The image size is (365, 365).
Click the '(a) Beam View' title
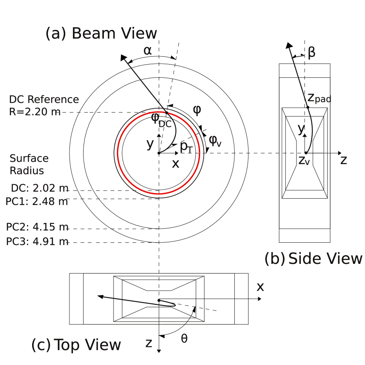[101, 34]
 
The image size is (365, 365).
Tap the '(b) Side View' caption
[313, 259]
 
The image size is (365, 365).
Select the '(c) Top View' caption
[76, 345]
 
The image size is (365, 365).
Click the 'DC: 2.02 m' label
[40, 188]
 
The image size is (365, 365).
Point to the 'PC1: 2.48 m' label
[37, 201]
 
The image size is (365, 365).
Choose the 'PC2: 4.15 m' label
[37, 227]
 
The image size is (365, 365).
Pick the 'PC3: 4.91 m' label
[37, 241]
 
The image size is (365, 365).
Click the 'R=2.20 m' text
[35, 112]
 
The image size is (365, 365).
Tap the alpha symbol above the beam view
[148, 51]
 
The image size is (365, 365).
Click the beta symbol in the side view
[311, 53]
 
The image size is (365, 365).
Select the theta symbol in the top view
[184, 338]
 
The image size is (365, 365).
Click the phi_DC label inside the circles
[161, 120]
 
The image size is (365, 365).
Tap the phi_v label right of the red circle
[215, 140]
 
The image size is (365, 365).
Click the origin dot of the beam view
[159, 153]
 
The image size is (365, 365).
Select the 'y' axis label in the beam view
[150, 143]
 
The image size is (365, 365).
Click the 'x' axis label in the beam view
[175, 164]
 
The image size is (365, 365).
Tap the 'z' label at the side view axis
[343, 160]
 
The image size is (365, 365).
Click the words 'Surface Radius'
[29, 164]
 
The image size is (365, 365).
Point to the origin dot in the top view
[159, 300]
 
